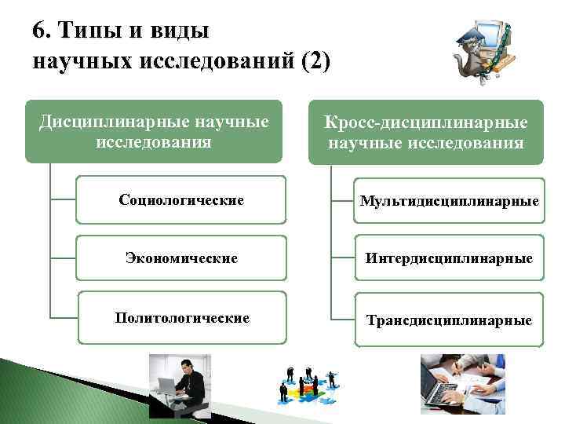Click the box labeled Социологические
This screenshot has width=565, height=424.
(x=181, y=200)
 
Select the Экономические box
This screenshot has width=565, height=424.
(x=181, y=258)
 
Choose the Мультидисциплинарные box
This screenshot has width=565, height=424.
(x=449, y=202)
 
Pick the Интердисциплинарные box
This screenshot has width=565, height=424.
(x=449, y=258)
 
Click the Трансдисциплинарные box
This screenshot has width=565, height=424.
(x=449, y=320)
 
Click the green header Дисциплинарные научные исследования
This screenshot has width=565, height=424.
(x=154, y=131)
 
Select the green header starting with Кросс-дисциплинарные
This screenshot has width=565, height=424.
(x=426, y=133)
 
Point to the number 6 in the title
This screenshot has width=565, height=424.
(x=38, y=32)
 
